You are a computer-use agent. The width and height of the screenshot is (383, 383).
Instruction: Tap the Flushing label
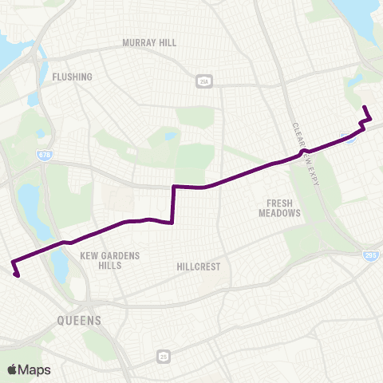coord(72,77)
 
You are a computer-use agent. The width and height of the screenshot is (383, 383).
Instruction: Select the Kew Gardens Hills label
coord(110,260)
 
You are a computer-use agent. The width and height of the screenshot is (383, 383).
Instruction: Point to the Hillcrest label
coord(198,267)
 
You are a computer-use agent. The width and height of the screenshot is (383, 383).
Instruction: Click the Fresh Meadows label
coord(279,208)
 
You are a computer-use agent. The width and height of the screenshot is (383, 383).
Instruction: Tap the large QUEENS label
coord(79,321)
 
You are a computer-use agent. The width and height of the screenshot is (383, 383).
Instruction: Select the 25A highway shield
coord(204,81)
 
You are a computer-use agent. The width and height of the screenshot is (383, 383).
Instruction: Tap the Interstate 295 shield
coord(372,255)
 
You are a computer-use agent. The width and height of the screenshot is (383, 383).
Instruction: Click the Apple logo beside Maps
coord(13,369)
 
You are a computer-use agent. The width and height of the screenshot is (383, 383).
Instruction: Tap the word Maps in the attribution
coord(35,369)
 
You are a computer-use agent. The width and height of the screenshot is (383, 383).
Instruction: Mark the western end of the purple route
coord(16,276)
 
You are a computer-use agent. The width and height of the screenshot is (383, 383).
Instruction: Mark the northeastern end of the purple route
coord(364,107)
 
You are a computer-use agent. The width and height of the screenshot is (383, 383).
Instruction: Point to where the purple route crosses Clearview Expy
coord(302,152)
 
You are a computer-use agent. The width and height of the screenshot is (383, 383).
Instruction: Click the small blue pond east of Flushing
coord(170,136)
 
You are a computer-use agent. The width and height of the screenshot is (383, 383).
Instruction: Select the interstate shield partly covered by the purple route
coord(349,138)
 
